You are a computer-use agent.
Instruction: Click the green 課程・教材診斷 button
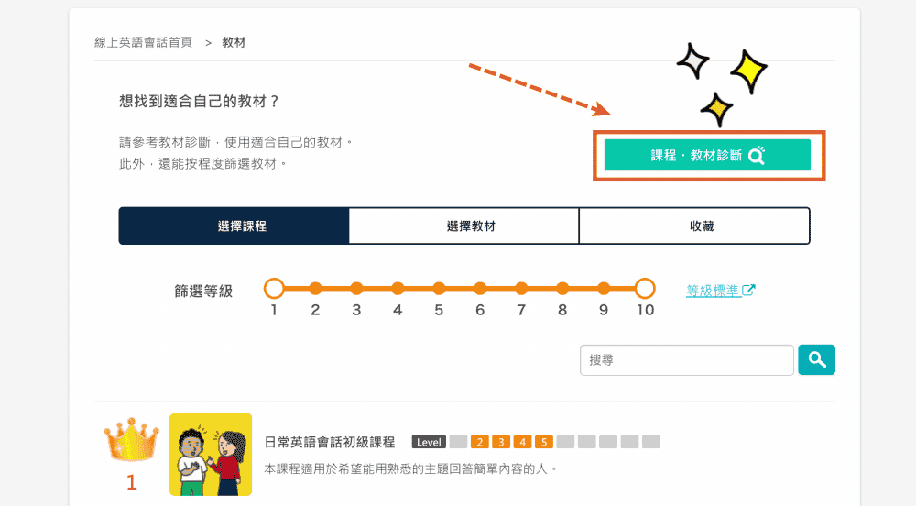(707, 155)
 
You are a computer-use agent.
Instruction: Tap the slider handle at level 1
(274, 288)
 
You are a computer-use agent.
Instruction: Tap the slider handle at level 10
(644, 288)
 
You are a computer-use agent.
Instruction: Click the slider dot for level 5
(439, 288)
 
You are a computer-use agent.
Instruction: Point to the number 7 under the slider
(521, 310)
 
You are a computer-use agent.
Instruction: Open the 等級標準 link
(720, 291)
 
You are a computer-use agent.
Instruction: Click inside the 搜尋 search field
(686, 360)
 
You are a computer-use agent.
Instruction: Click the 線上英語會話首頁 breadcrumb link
(143, 42)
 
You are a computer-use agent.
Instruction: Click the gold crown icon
(131, 439)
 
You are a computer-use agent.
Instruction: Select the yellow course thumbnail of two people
(211, 455)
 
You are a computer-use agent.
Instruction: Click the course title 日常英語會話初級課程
(330, 443)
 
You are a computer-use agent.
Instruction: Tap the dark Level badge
(429, 442)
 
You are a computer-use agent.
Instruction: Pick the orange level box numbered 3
(501, 442)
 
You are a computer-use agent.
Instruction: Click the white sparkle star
(692, 60)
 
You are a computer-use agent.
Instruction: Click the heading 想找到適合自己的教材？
(199, 101)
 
